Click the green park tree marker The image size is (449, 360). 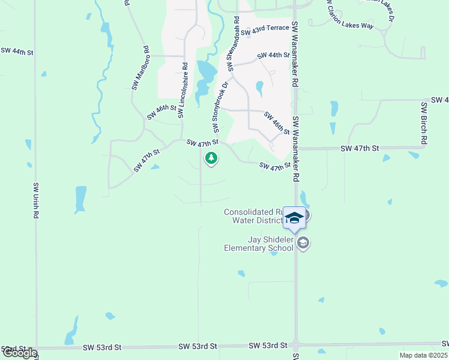(211, 158)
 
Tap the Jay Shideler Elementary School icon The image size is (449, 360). (303, 243)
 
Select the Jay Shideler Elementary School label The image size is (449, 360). (259, 244)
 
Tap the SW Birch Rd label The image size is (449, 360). (424, 123)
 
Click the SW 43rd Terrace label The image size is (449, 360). (265, 28)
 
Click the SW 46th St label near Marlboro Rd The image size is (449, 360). (161, 112)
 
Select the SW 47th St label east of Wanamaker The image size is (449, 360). (360, 148)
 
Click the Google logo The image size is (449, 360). (19, 353)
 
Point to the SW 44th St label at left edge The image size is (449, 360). (16, 52)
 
